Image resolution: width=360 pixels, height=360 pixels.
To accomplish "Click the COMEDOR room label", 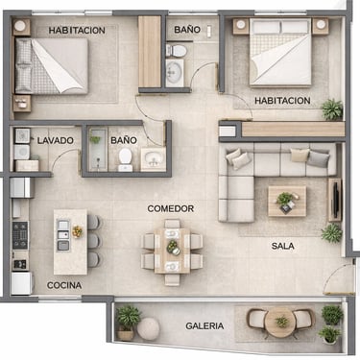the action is tap(171, 208).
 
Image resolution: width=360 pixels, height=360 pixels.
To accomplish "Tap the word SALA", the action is tap(283, 246).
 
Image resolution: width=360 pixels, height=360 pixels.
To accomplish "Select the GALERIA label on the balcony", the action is tap(204, 326).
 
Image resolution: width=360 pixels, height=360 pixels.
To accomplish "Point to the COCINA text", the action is tap(64, 285).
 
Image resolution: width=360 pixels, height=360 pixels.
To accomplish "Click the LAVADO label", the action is tap(56, 140).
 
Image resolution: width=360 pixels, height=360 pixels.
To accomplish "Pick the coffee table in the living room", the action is tap(287, 201).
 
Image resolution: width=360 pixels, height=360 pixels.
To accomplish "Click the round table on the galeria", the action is tap(281, 323).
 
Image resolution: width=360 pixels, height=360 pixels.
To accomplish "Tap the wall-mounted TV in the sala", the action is tap(336, 200).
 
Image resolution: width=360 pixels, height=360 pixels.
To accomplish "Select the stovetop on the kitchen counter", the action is tap(20, 235).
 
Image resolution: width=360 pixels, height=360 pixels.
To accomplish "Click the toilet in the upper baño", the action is tap(176, 50).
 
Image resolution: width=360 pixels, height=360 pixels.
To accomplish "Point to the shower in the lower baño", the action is tap(98, 149).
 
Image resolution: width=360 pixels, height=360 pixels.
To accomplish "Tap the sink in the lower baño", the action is tap(153, 158).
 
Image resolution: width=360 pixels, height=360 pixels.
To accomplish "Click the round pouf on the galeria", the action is tap(149, 329).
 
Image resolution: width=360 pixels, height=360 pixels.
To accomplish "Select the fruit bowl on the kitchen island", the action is tap(77, 231).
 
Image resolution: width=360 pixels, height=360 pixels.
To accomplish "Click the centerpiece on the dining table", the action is tap(174, 247).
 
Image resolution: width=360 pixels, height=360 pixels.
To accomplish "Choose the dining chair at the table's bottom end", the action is tap(173, 278).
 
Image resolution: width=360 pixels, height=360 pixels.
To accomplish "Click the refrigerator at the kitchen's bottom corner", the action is tap(22, 283).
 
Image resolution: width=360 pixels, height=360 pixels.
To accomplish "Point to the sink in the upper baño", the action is tap(175, 73).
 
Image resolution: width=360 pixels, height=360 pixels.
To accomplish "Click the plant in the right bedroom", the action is tap(332, 109).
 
